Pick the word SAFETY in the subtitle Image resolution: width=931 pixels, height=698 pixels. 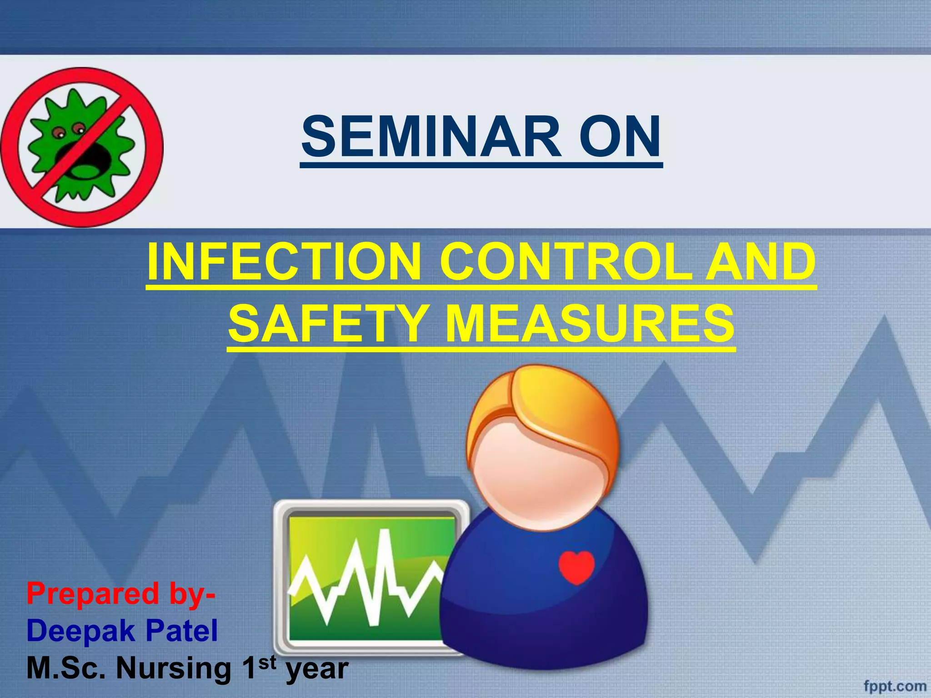327,324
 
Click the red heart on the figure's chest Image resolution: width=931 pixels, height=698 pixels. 576,566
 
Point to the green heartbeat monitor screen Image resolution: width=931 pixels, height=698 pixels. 370,577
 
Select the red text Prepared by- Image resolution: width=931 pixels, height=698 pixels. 120,593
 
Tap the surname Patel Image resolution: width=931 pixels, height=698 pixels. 182,631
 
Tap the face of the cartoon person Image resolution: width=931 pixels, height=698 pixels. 536,477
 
